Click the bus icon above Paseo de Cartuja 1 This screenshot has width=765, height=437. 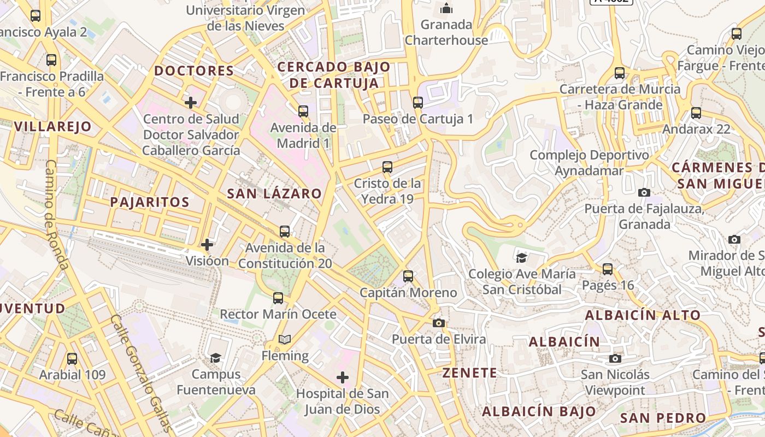point(418,102)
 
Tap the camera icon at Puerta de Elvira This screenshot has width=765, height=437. point(438,323)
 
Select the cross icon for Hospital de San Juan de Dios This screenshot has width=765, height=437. point(343,377)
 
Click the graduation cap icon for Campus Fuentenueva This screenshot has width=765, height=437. point(216,358)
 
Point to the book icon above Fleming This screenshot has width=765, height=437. point(284,340)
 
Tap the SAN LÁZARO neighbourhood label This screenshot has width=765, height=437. point(274,193)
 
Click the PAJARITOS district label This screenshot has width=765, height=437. point(150,202)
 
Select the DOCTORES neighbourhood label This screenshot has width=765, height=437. point(194,70)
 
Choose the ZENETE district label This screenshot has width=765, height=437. point(470,373)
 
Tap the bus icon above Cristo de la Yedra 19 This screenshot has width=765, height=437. point(387,167)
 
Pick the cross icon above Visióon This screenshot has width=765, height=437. point(207,244)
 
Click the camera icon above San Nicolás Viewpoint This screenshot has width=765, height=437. point(615,358)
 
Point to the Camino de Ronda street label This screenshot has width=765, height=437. point(56,214)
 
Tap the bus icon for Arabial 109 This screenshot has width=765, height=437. point(72,359)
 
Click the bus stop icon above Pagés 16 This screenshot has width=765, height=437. point(608,269)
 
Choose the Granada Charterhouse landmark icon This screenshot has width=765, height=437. point(446,8)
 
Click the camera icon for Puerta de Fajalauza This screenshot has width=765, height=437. point(644,192)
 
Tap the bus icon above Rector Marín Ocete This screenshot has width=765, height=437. point(278,298)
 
